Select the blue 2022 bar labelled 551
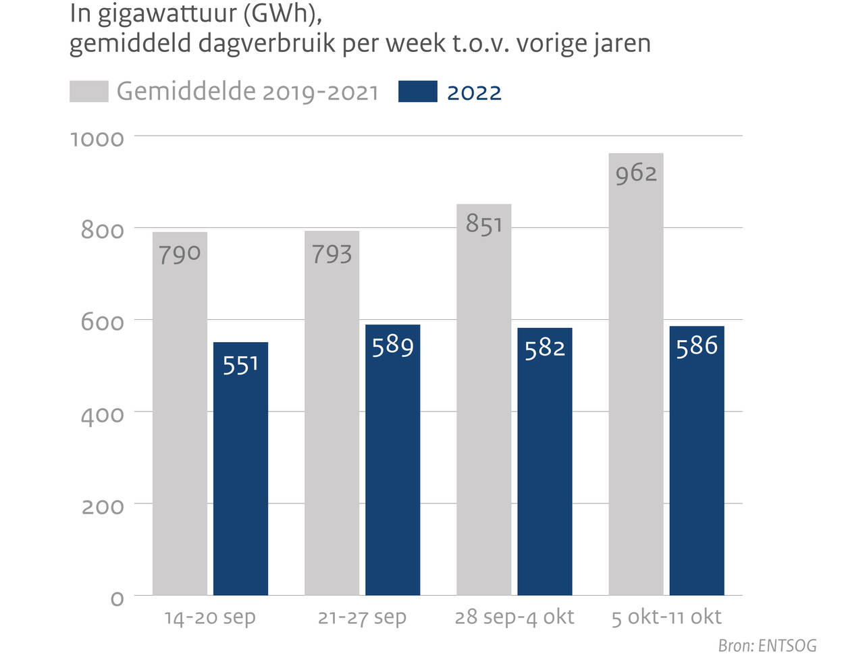click(x=240, y=472)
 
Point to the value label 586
click(x=696, y=346)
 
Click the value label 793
click(x=332, y=254)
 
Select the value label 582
click(x=544, y=348)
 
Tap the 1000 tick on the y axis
click(x=97, y=139)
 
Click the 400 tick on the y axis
click(x=102, y=415)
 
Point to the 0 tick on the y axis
click(x=117, y=598)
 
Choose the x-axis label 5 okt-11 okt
click(x=666, y=617)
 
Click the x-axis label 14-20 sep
click(x=210, y=617)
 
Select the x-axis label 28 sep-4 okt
click(x=514, y=617)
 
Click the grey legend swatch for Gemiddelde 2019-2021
click(x=88, y=92)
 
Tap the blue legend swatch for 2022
click(x=417, y=92)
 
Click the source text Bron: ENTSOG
click(x=767, y=646)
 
